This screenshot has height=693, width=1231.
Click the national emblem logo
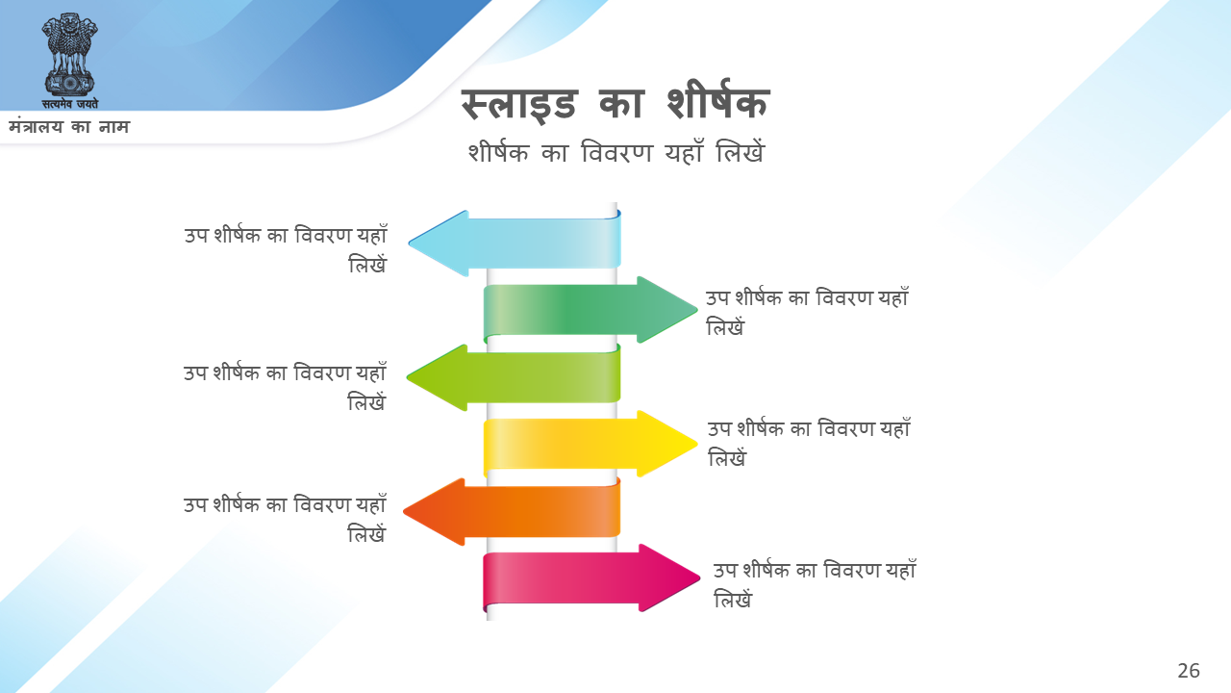click(70, 61)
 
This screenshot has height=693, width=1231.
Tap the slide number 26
click(1188, 671)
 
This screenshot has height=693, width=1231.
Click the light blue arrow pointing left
click(515, 244)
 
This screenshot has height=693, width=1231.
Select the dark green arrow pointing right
click(590, 310)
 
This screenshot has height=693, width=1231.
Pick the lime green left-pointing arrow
click(514, 377)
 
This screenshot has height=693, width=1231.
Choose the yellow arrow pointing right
click(590, 444)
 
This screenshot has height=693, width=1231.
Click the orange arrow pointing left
click(513, 511)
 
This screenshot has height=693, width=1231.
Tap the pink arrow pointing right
click(591, 578)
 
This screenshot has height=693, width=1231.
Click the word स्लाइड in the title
click(518, 104)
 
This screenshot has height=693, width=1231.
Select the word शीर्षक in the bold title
click(717, 101)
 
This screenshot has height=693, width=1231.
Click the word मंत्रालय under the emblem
click(36, 127)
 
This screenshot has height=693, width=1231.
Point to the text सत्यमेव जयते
click(70, 103)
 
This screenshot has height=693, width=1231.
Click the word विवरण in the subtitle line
click(616, 152)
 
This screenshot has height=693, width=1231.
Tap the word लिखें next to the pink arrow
click(733, 599)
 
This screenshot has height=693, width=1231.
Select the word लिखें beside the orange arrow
click(366, 533)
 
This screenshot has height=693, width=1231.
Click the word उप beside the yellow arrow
click(718, 429)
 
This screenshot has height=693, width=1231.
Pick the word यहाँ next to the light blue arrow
click(372, 234)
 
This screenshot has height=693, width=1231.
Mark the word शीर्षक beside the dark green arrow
click(759, 297)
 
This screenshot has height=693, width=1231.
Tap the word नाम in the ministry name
click(114, 127)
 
